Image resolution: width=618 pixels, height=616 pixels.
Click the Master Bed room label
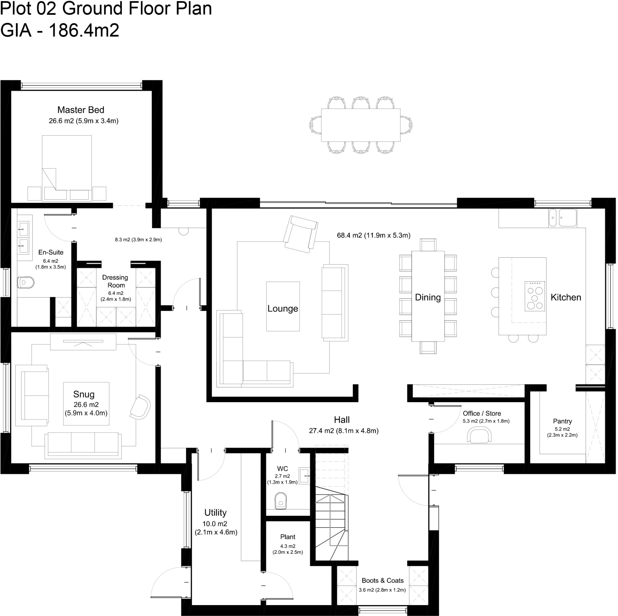coord(81,110)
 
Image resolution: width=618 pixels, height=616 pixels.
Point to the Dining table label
coord(428,297)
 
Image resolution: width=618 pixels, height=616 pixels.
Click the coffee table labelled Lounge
coord(283,307)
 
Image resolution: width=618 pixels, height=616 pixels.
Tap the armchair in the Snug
coord(140,407)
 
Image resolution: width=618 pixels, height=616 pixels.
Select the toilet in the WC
coord(281,500)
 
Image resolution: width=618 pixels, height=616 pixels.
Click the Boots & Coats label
coord(383,580)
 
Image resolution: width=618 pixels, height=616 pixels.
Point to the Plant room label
coord(288,537)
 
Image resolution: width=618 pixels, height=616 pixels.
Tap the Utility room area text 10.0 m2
coord(215,524)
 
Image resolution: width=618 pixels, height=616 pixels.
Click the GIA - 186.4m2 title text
coord(60,30)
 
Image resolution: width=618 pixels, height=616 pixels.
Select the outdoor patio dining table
coord(361,125)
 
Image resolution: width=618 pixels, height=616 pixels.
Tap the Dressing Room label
coord(116,281)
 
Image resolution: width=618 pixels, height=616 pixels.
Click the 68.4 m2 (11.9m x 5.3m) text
coord(373,235)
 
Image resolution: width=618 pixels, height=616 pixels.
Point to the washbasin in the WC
coord(304,476)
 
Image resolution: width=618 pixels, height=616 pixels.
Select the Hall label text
coord(342,419)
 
